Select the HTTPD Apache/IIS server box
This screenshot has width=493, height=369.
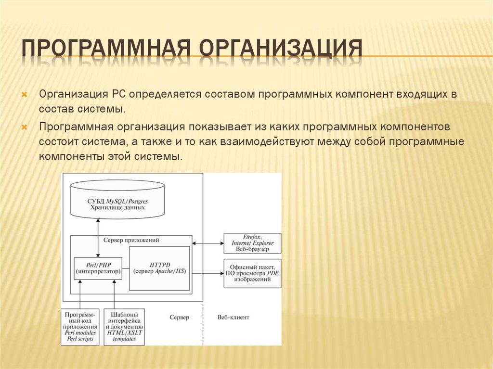tap(160, 268)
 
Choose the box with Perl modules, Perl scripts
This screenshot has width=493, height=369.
tap(80, 327)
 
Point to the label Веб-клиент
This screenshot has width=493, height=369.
tap(234, 318)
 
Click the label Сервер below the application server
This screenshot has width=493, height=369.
tap(179, 318)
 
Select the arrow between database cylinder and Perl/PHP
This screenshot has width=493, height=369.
tap(98, 237)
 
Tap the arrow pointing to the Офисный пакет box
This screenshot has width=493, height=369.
tap(207, 272)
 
